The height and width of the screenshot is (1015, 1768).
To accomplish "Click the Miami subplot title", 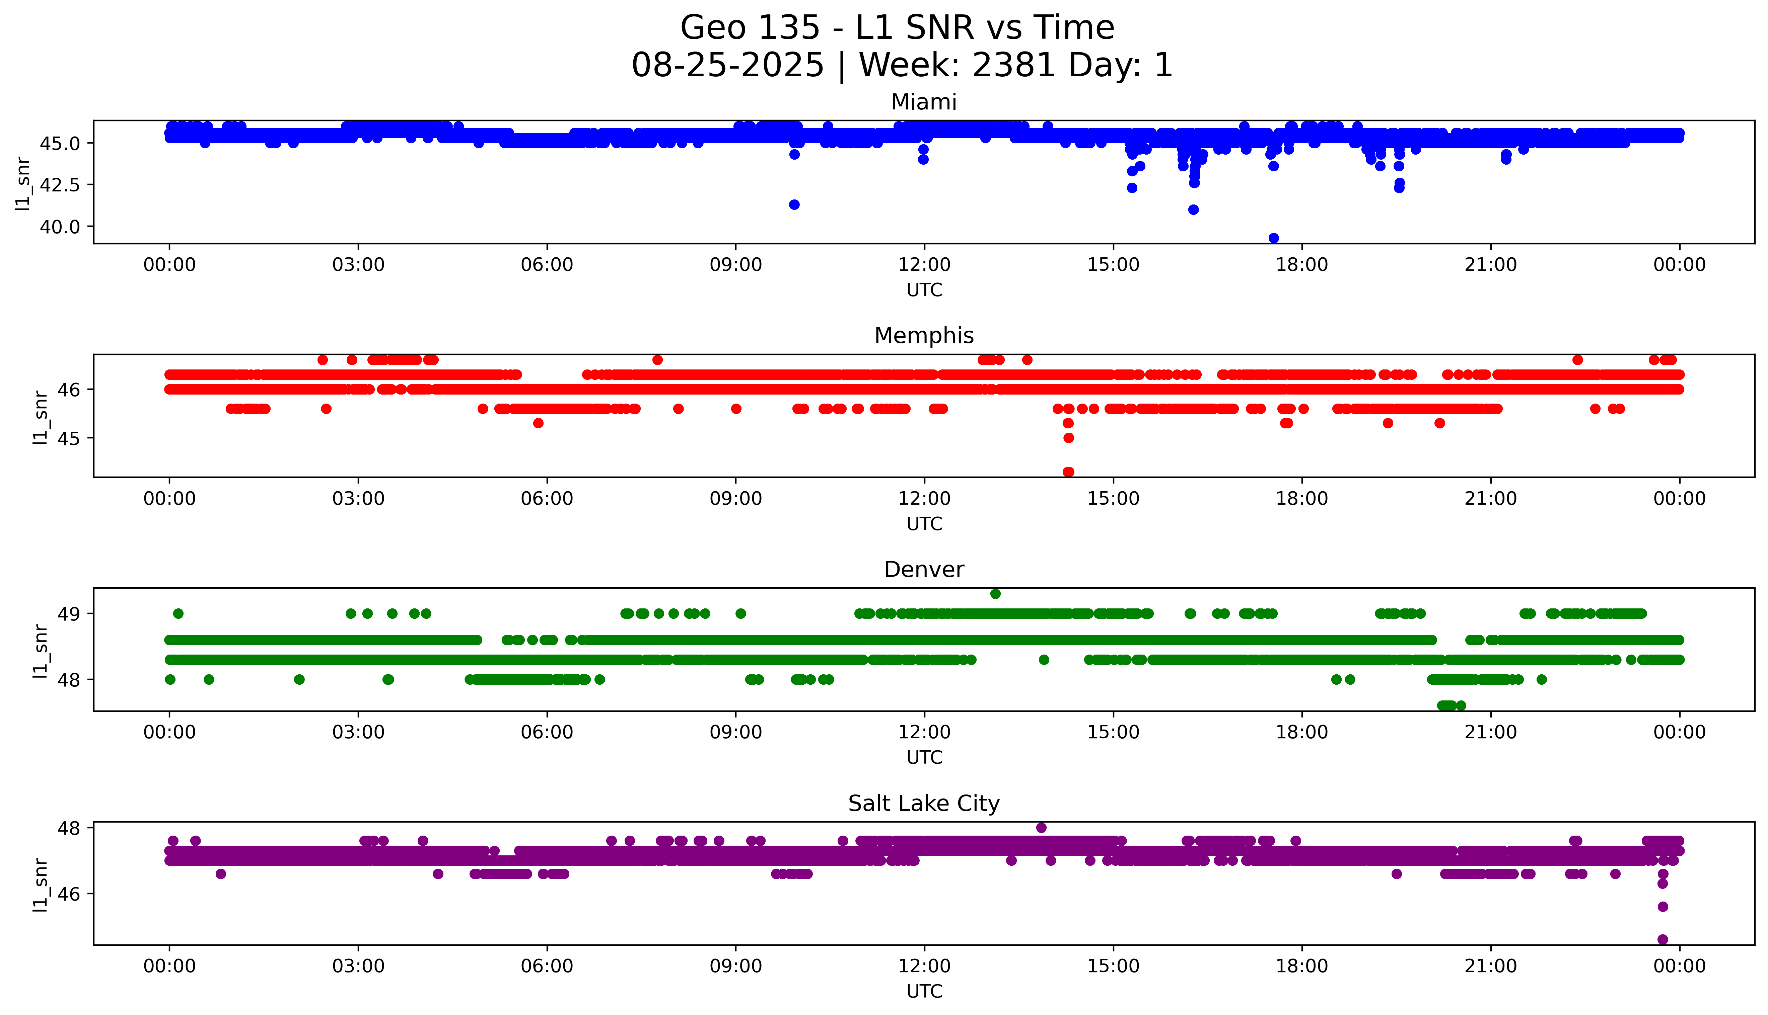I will tap(923, 102).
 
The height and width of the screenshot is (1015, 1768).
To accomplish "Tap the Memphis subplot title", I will tap(923, 336).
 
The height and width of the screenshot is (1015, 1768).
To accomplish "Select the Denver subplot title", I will tap(923, 570).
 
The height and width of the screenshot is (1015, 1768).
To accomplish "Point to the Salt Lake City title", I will tap(923, 804).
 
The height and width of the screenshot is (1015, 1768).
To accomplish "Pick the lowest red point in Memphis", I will tap(1068, 472).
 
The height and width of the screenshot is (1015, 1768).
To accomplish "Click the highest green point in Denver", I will tap(995, 594).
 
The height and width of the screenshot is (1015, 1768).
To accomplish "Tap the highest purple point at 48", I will tap(1041, 828).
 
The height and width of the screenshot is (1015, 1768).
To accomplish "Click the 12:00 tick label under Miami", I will tap(924, 265).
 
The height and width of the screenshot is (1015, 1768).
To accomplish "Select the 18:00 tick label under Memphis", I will tap(1301, 498).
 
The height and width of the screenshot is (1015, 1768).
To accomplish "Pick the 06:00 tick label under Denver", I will tap(547, 732).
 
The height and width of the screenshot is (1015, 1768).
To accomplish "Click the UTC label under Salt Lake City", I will tap(924, 991).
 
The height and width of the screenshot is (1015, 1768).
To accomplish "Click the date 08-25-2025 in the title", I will tap(727, 66).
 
